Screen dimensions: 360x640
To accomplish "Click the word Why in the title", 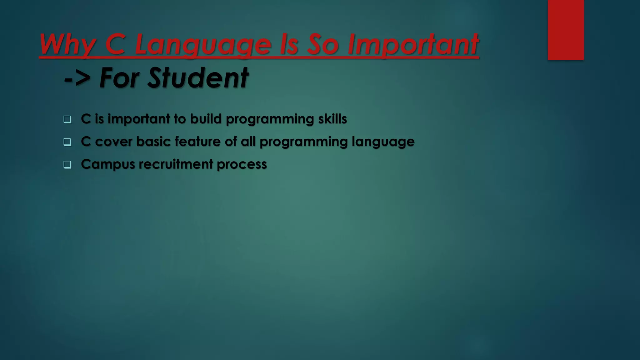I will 67,45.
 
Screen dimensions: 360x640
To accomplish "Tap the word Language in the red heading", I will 203,45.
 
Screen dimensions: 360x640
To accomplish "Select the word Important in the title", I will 413,45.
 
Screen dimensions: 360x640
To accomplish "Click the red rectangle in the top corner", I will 566,30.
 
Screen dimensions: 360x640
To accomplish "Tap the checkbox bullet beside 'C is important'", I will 67,119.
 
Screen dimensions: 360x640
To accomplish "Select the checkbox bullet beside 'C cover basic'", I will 67,142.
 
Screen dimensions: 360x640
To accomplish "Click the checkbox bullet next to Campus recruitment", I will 67,165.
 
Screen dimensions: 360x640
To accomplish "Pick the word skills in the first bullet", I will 332,119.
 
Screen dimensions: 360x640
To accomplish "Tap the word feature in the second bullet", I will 197,142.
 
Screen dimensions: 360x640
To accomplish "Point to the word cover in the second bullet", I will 113,142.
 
